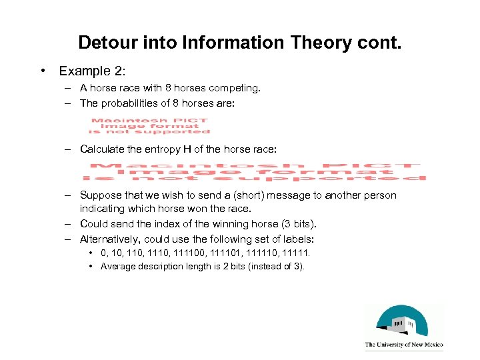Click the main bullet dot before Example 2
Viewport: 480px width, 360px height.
click(41, 71)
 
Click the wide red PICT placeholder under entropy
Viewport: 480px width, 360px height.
click(254, 171)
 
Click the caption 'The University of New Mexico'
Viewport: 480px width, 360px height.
click(404, 345)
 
